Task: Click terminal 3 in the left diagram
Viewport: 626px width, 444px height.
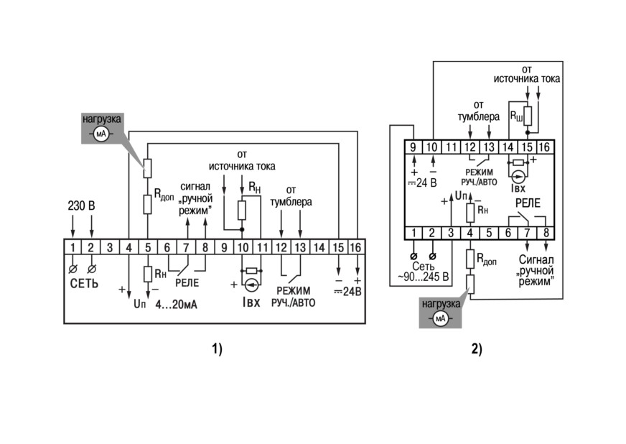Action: pyautogui.click(x=110, y=248)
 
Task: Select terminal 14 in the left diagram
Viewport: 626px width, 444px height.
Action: pyautogui.click(x=319, y=248)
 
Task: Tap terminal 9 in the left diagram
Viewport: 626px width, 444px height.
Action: pyautogui.click(x=224, y=248)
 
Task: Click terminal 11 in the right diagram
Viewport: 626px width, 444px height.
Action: pyautogui.click(x=451, y=147)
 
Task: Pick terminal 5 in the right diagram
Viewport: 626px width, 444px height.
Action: pyautogui.click(x=489, y=233)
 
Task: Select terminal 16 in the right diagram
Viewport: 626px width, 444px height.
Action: pyautogui.click(x=545, y=147)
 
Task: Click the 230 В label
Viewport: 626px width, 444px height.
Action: pyautogui.click(x=81, y=205)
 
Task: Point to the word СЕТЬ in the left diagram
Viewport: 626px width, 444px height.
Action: pyautogui.click(x=84, y=283)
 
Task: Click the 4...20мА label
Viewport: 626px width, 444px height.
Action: pyautogui.click(x=177, y=305)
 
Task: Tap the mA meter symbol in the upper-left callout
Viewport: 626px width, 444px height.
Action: pyautogui.click(x=101, y=134)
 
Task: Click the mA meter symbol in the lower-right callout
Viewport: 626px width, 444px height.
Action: pyautogui.click(x=440, y=318)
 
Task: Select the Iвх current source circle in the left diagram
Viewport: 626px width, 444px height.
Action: pyautogui.click(x=251, y=285)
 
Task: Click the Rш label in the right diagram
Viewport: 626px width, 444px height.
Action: pyautogui.click(x=516, y=116)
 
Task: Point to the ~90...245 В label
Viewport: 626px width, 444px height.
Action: pyautogui.click(x=423, y=277)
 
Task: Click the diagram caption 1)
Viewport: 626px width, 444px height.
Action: pyautogui.click(x=218, y=349)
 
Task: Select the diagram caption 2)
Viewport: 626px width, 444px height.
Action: pyautogui.click(x=477, y=349)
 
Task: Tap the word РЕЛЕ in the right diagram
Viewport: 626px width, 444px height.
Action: pyautogui.click(x=528, y=203)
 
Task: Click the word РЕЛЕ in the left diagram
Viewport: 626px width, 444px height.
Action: pyautogui.click(x=187, y=283)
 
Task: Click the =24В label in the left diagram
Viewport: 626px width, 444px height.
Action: pyautogui.click(x=347, y=292)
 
